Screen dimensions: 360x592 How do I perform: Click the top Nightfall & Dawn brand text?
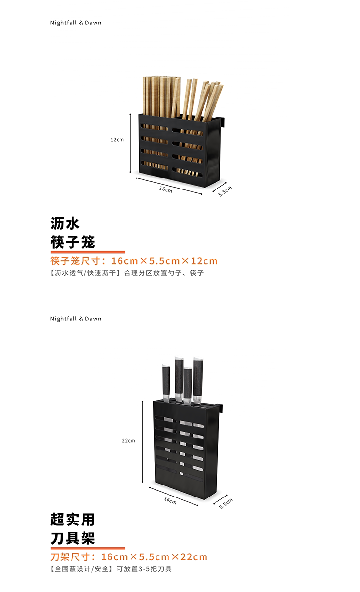point(76,23)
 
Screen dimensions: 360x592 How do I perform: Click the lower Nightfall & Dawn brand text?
point(76,319)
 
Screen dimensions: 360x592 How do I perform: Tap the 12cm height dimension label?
point(117,140)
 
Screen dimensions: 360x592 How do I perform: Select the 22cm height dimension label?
point(129,440)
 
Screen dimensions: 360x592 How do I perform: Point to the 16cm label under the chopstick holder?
point(166,189)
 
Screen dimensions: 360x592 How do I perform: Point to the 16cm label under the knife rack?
point(170,501)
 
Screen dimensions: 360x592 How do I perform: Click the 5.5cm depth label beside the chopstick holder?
point(225,191)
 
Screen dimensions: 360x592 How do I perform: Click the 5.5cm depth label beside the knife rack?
point(226,503)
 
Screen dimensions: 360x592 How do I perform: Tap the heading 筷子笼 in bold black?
point(73,241)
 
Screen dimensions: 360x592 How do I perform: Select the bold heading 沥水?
point(65,223)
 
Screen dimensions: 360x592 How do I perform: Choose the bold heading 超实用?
point(72,519)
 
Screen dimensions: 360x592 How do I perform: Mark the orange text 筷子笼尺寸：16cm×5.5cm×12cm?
point(134,261)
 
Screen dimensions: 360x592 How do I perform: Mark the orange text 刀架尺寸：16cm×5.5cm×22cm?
point(129,557)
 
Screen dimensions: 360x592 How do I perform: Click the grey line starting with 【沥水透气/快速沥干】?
point(127,273)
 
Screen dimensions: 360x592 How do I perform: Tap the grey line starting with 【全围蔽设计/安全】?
point(111,569)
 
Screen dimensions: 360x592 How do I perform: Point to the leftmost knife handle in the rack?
point(166,381)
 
